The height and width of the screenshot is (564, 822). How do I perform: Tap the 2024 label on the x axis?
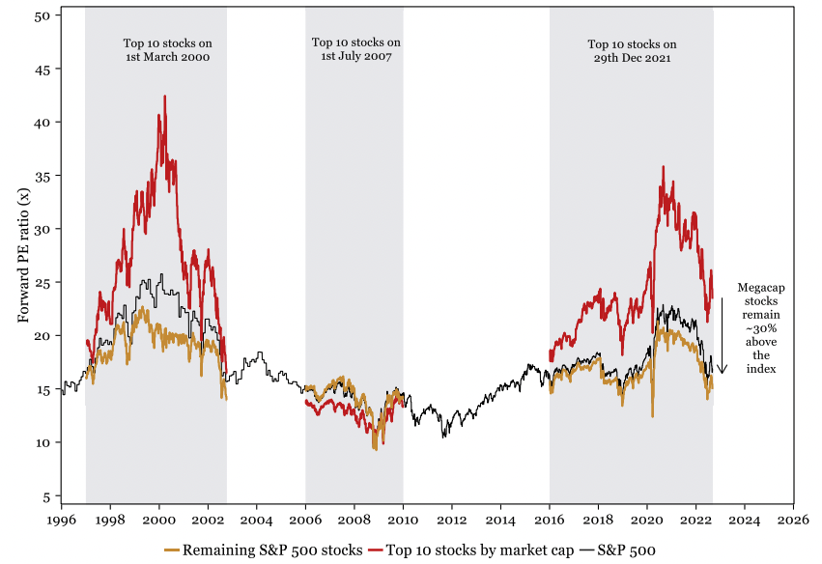745,518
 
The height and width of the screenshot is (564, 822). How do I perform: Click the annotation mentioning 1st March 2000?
167,50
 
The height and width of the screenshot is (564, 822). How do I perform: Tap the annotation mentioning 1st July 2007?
355,50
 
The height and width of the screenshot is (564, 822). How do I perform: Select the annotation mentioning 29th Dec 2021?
632,50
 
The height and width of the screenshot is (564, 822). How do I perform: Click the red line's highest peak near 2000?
165,97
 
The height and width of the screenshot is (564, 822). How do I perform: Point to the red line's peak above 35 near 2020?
663,167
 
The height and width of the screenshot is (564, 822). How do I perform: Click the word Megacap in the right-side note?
760,287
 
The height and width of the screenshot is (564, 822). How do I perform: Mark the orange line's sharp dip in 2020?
653,415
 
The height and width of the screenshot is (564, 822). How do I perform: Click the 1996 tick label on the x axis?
62,518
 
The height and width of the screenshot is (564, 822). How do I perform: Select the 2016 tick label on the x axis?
550,518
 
